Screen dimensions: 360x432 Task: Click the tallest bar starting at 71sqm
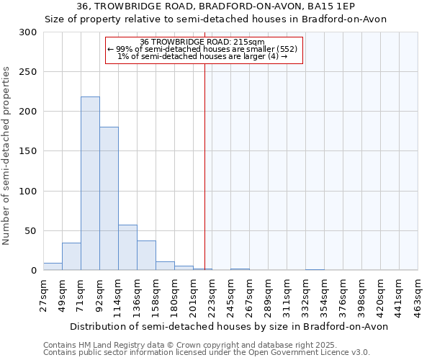(90, 184)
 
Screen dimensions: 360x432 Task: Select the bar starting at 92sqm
(109, 199)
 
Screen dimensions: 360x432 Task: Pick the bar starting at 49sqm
(71, 256)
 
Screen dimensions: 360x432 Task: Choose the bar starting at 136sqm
(146, 256)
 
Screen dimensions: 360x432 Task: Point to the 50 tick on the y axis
(31, 231)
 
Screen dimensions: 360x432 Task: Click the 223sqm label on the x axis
(212, 293)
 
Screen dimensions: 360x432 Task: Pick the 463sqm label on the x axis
(418, 293)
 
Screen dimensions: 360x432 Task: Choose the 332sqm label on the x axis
(306, 293)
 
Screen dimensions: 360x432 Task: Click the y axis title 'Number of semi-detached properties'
(7, 156)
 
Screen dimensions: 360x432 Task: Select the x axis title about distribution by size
(230, 326)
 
